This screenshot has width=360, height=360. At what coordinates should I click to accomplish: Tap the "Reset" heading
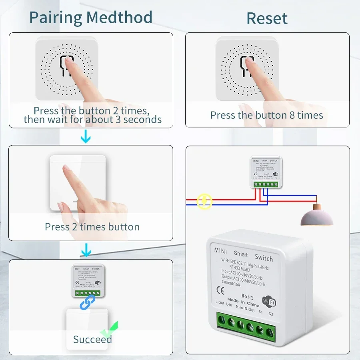[267, 18]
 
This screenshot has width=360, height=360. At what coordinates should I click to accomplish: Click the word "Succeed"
[92, 340]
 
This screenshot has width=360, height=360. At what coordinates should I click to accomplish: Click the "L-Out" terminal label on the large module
[220, 302]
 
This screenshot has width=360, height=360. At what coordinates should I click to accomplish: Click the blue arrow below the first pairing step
[86, 138]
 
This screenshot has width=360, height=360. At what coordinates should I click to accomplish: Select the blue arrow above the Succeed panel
[86, 251]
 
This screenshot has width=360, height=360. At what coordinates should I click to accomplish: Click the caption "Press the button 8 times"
[267, 115]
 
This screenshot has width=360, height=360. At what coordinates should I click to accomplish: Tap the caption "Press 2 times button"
[92, 227]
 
